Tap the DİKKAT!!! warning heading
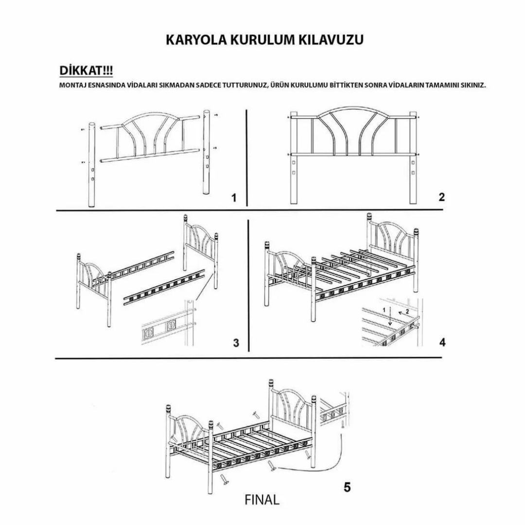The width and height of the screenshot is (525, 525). [x=86, y=71]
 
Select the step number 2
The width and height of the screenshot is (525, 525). [x=441, y=197]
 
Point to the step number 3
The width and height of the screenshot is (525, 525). [x=236, y=343]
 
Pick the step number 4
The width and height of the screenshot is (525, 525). [x=442, y=343]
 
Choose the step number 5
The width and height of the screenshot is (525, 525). [x=347, y=487]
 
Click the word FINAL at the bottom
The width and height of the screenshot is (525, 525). [x=262, y=499]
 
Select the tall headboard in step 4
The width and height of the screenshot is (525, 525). [x=393, y=243]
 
